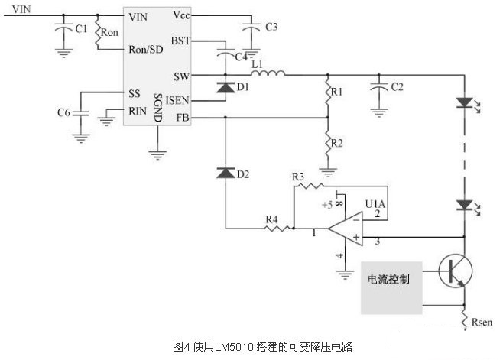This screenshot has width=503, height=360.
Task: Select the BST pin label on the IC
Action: click(x=180, y=40)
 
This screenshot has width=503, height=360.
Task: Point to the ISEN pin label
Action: click(x=177, y=100)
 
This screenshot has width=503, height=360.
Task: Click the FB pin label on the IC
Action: click(x=182, y=118)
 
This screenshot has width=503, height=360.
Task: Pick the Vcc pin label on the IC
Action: click(x=181, y=15)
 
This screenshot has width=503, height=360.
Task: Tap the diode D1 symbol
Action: click(x=225, y=88)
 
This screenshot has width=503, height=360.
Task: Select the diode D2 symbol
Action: click(x=225, y=174)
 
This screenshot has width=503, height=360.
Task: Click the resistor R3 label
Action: click(x=299, y=177)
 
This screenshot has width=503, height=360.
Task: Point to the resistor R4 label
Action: click(x=272, y=219)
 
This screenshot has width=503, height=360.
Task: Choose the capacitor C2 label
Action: click(x=398, y=87)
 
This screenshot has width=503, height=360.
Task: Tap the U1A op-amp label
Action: click(x=375, y=204)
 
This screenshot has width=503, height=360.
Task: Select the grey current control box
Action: click(x=393, y=288)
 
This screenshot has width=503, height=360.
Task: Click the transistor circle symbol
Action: click(x=456, y=272)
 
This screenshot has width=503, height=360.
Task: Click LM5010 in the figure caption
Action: click(x=227, y=346)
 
